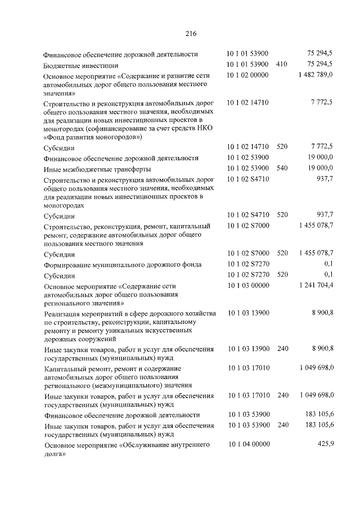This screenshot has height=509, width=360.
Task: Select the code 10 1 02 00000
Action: pos(248,74)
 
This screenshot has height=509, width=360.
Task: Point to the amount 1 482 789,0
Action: pos(316,74)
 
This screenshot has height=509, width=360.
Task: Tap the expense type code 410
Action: pos(282,64)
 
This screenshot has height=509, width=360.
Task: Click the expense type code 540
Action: pos(282,168)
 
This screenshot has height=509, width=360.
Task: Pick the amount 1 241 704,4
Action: pos(316,285)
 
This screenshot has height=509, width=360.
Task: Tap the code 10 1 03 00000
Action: pos(248,285)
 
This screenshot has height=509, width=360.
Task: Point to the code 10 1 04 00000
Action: pos(248,444)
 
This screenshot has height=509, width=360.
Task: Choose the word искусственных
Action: pos(184,331)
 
